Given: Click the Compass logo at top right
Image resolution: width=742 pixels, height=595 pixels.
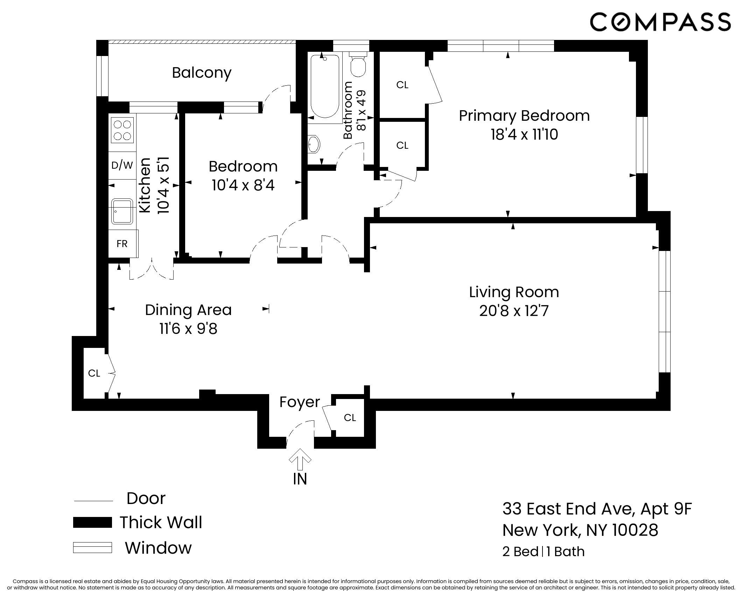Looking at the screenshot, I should click(x=660, y=22).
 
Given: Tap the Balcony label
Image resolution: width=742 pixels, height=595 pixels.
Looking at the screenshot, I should click(x=202, y=73).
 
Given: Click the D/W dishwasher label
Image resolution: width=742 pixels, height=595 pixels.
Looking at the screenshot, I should click(x=122, y=165).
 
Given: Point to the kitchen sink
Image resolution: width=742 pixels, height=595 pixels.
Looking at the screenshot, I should click(x=122, y=211).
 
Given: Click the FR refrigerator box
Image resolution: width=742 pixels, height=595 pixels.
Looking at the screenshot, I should click(x=122, y=244).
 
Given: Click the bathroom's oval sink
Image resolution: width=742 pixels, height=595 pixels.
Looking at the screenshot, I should click(x=314, y=144).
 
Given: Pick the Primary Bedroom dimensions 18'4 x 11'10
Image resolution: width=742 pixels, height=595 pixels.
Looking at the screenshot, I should click(x=524, y=135).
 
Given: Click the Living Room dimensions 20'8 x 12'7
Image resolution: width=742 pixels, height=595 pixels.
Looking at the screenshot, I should click(x=513, y=311).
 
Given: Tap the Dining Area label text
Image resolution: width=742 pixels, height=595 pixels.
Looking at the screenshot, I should click(x=188, y=310).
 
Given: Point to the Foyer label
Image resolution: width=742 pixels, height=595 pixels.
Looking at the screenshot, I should click(x=300, y=402).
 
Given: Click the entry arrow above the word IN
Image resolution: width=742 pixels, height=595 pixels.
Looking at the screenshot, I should click(x=300, y=459).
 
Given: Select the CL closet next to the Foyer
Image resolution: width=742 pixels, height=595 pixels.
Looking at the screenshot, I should click(x=350, y=418).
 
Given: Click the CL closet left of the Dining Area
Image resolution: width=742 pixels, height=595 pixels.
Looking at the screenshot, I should click(x=94, y=373).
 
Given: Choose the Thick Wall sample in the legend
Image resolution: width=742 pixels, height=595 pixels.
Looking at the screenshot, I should click(x=92, y=522).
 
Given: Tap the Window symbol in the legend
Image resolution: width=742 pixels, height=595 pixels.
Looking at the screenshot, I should click(x=92, y=548).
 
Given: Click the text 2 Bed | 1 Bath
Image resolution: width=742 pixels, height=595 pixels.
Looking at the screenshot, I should click(x=543, y=552).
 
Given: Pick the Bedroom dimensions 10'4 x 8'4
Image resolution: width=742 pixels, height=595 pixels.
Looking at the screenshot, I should click(x=243, y=185).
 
